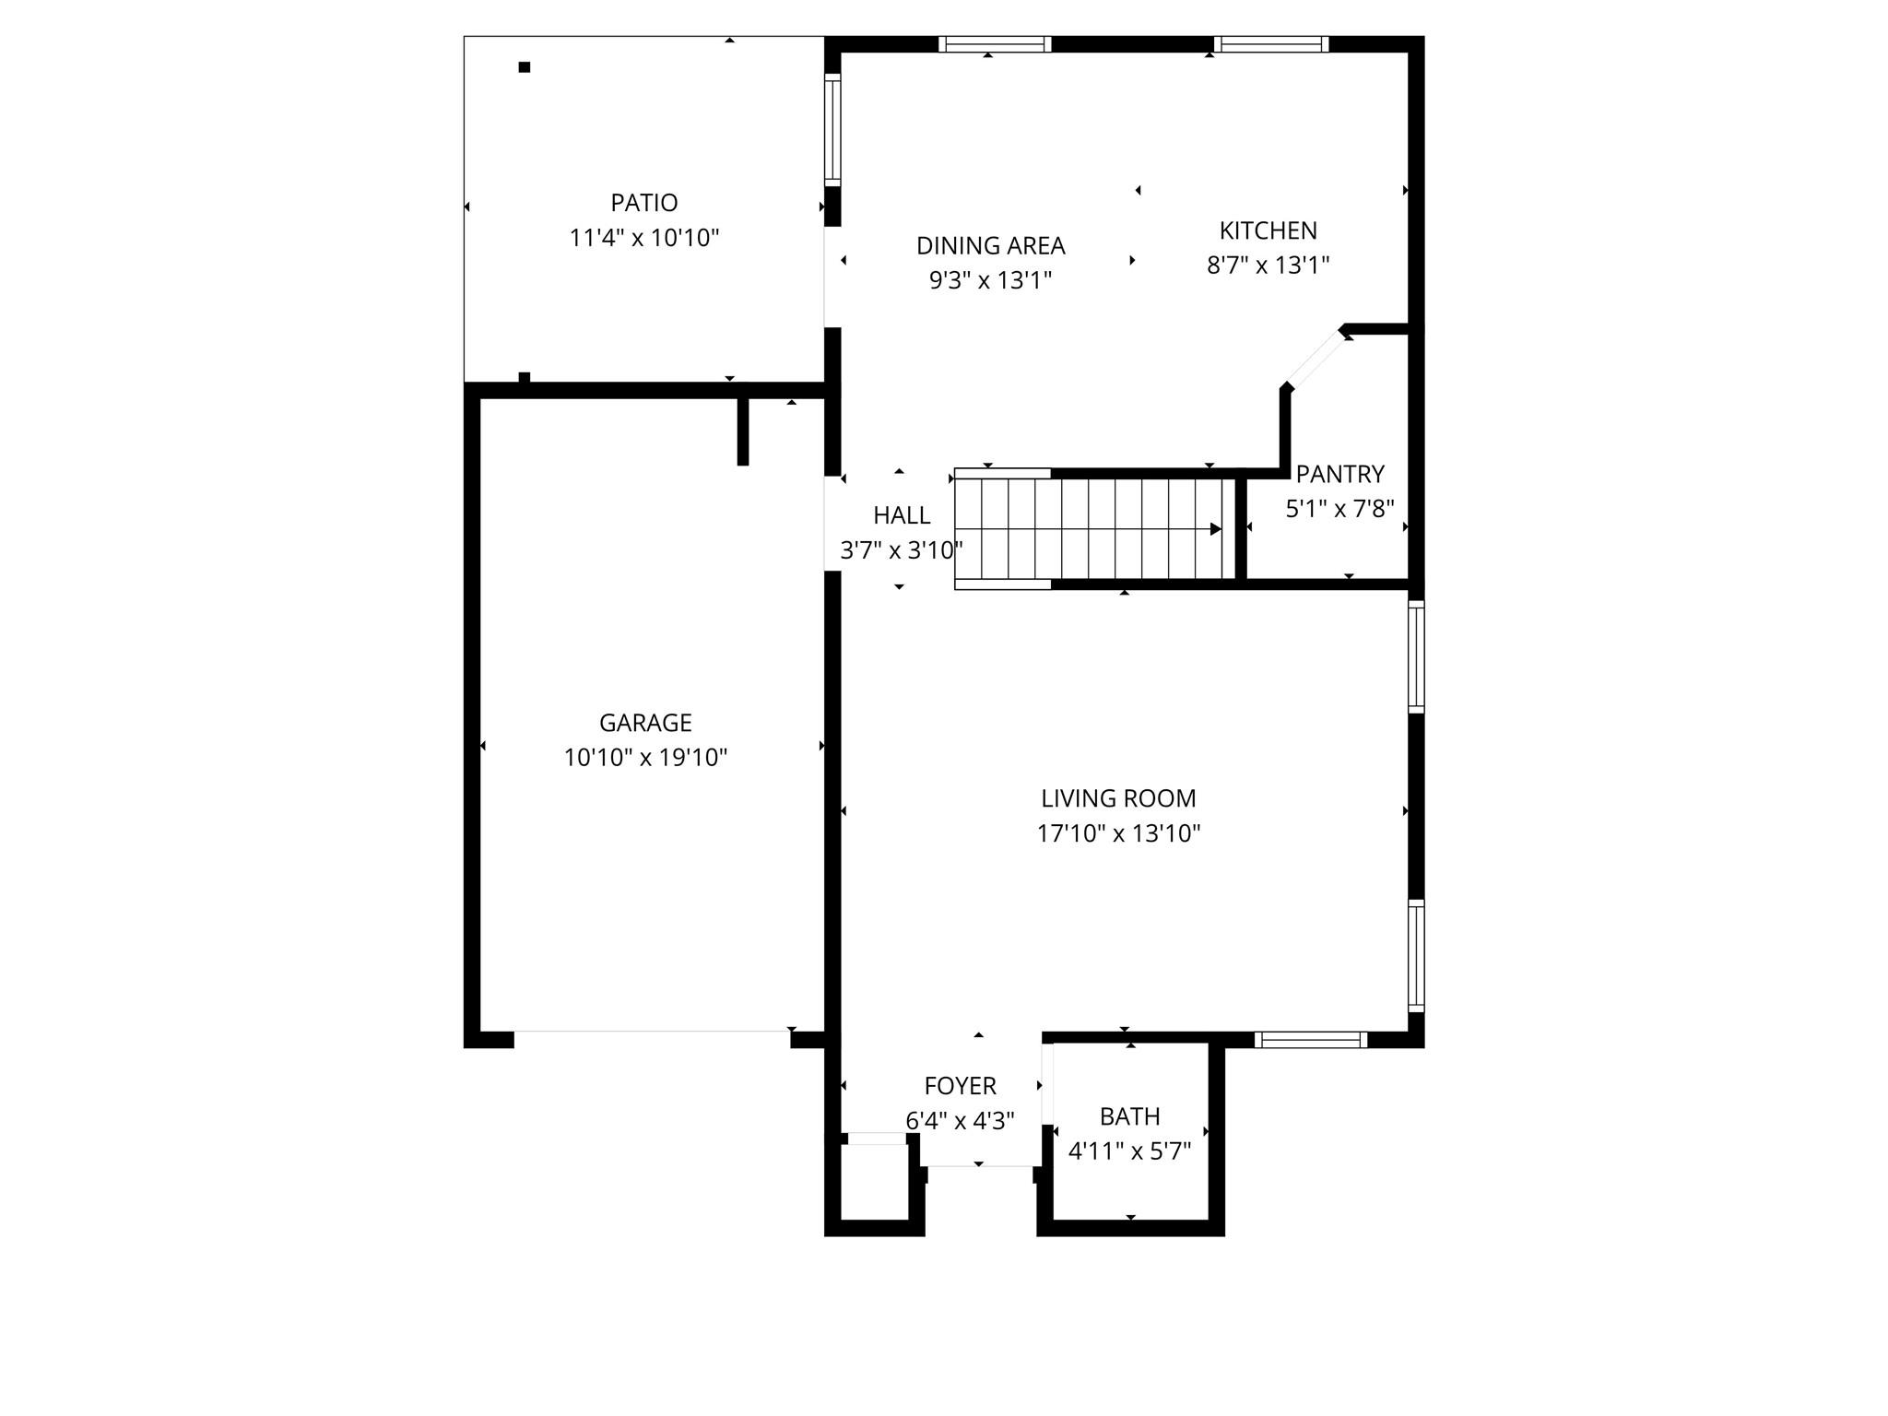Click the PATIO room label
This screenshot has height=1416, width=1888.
(643, 203)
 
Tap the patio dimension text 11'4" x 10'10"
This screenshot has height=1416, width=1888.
(643, 238)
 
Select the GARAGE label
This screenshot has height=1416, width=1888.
(645, 723)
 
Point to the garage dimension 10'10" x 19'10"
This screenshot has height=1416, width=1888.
(645, 758)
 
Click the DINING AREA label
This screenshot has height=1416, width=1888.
(990, 246)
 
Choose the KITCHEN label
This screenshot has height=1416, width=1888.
(1268, 230)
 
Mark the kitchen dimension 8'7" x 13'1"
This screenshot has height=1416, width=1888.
(1268, 265)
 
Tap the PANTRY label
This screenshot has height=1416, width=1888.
(1339, 474)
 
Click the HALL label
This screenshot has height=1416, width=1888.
(902, 515)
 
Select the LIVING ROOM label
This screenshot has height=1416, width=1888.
(1118, 798)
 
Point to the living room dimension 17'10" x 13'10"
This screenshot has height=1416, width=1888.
(1118, 833)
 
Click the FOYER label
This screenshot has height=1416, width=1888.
(960, 1086)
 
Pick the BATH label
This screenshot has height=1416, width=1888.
(1129, 1116)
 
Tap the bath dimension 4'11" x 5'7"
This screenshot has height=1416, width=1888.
(1129, 1151)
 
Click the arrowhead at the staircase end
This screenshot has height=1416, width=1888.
(1216, 529)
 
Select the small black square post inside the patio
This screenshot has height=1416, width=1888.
(525, 67)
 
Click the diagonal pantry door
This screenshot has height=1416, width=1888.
(1316, 359)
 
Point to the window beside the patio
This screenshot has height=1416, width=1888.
(832, 130)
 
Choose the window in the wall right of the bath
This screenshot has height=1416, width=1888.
(1310, 1040)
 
